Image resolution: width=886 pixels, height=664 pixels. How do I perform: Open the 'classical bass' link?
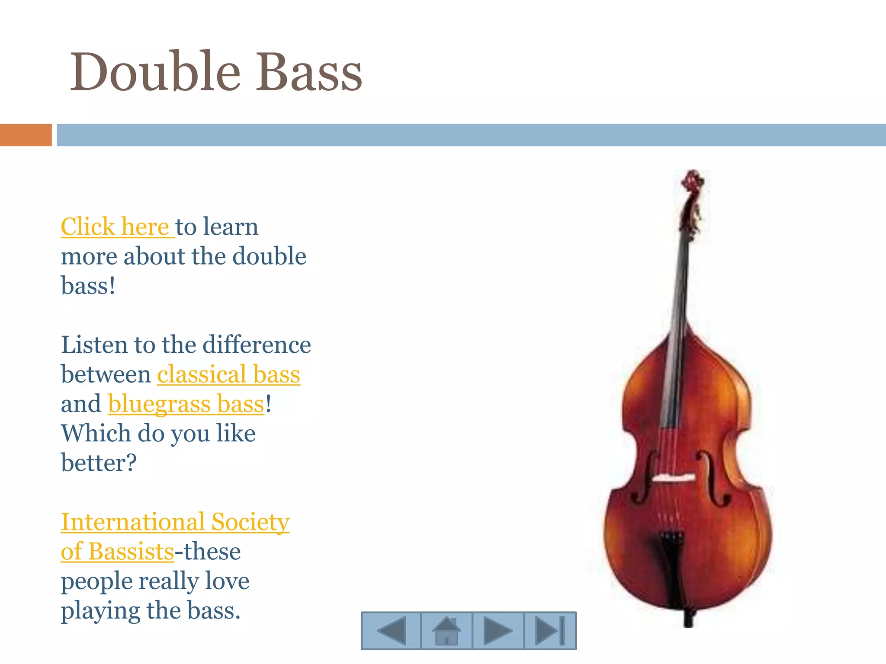coord(228,374)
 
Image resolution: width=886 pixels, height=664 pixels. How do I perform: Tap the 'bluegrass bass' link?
coord(186,404)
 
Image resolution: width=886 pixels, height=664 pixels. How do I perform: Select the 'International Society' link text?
coord(175,522)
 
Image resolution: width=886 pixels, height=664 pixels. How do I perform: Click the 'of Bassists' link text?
coord(117,552)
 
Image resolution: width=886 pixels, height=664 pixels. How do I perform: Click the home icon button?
coord(446,631)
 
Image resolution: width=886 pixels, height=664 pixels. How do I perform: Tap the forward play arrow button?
coord(498,631)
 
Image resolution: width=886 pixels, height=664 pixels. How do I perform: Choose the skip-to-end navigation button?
coord(550,631)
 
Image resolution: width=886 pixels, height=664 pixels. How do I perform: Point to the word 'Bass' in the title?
coord(309,72)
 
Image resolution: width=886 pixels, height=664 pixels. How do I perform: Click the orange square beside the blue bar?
coord(26,135)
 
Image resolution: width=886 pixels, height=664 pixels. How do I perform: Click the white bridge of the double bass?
coord(674,478)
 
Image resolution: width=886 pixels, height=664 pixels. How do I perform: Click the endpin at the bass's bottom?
coord(688,619)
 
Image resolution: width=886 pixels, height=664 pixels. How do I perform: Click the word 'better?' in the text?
coord(99,463)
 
